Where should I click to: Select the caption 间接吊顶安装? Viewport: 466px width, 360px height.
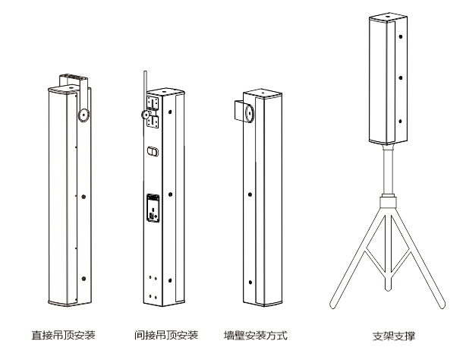pyautogui.click(x=166, y=334)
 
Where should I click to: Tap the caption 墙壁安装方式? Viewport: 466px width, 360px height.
pyautogui.click(x=256, y=334)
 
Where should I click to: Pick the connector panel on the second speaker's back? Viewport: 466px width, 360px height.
pyautogui.click(x=153, y=208)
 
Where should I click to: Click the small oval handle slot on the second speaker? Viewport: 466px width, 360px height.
pyautogui.click(x=153, y=151)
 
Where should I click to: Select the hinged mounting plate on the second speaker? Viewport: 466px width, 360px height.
pyautogui.click(x=155, y=109)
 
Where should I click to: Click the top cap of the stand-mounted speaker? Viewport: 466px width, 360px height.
pyautogui.click(x=389, y=18)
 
